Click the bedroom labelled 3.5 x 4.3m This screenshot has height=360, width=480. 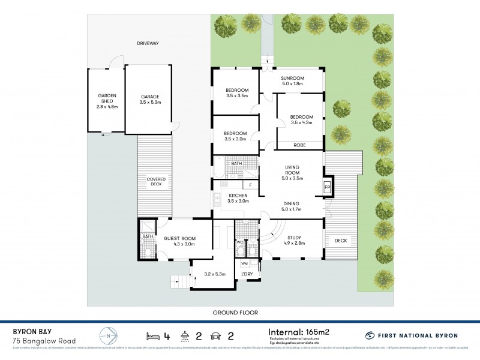(x=302, y=119)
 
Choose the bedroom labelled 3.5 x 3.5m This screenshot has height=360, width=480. (x=237, y=93)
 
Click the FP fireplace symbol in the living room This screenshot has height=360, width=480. (x=327, y=187)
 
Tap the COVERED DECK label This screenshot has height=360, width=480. (x=155, y=182)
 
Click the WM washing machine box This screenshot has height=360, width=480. (x=244, y=263)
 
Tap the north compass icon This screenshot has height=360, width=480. (x=106, y=335)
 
